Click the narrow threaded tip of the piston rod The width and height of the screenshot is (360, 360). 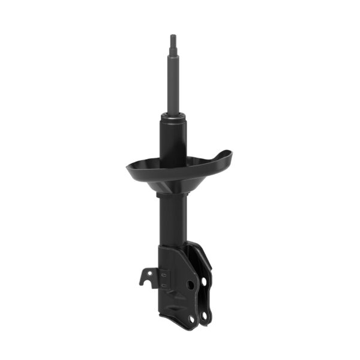point(173,41)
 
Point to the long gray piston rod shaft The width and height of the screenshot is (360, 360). point(173,84)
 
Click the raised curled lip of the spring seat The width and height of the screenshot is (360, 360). point(223,157)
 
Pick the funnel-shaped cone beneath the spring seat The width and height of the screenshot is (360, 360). point(173,183)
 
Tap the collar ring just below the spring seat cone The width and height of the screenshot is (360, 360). point(172,194)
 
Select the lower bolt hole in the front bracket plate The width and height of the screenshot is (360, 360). point(191,319)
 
